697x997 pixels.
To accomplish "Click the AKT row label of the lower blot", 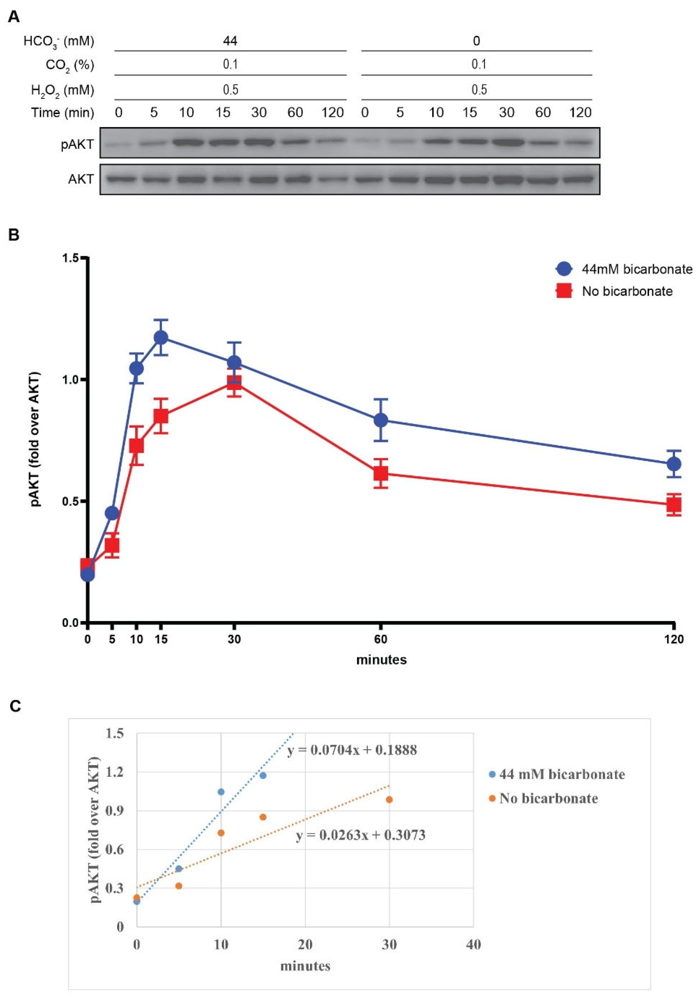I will coord(81,179).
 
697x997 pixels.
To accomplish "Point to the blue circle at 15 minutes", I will coord(161,337).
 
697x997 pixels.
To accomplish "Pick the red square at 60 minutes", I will coord(381,473).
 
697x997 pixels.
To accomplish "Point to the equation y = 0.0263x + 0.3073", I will coord(360,835).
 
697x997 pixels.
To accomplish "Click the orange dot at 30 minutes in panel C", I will coord(389,800).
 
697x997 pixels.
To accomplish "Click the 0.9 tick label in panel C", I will coord(114,811).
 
